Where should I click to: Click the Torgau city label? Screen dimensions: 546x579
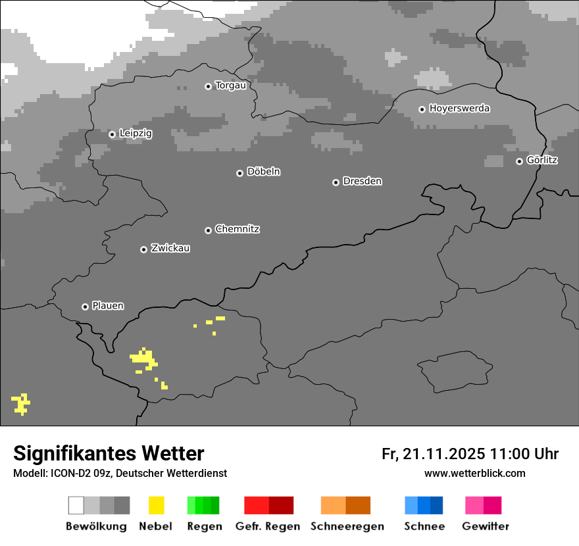230,86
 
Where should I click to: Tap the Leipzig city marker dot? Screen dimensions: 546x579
112,134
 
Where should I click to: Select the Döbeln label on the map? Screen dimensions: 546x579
263,172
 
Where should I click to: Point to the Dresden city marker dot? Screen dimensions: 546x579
336,182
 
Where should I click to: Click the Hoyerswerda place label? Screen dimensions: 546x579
459,109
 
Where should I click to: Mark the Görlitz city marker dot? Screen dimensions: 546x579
519,161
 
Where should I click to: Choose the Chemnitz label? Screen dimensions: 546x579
237,230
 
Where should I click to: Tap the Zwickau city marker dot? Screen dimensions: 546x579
143,249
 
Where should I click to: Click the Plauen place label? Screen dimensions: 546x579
108,306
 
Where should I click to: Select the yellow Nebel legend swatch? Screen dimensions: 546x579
156,505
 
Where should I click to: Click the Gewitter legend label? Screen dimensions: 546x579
486,526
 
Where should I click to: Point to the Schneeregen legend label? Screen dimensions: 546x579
347,526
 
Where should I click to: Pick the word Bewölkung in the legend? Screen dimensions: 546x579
96,526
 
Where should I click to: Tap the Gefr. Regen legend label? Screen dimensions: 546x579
268,526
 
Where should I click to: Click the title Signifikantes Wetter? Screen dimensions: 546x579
109,453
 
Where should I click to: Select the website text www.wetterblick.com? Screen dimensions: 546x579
475,473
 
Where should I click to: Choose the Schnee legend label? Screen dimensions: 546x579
424,526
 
